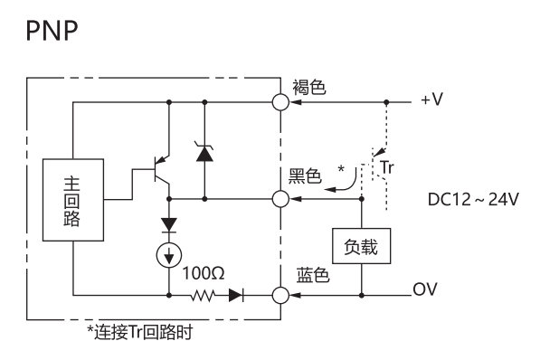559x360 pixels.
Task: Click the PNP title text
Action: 52,31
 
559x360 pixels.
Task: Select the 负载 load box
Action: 361,246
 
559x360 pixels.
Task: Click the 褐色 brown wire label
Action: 309,88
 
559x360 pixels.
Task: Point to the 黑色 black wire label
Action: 305,176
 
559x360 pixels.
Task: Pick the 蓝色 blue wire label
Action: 313,276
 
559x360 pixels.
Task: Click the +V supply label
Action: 431,99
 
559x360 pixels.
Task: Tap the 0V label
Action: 425,289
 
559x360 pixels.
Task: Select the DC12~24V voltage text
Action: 473,200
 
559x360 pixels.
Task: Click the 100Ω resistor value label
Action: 204,273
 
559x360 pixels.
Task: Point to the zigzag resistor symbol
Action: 203,296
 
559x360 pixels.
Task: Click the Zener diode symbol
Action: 204,153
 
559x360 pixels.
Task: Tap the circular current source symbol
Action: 169,255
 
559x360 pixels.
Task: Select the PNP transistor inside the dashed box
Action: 160,170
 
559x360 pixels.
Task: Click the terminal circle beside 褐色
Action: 280,102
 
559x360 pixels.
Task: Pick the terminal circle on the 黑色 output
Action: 280,199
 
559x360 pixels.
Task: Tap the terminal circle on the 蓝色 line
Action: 280,296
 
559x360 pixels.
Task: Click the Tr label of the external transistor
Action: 387,167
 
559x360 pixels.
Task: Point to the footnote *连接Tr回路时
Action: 139,332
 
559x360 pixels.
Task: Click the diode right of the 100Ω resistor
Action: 236,296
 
